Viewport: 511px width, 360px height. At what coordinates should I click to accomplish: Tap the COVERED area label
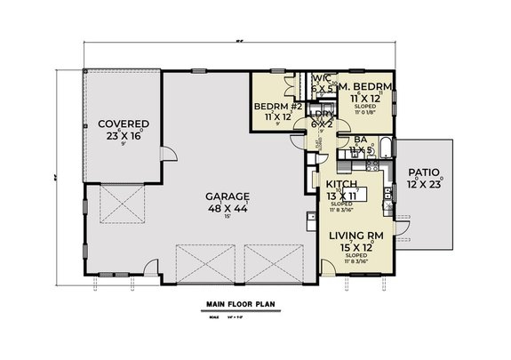(x=124, y=124)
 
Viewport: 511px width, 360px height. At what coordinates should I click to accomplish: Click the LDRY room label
(x=322, y=114)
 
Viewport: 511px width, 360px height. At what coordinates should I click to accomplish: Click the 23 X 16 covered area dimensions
(x=124, y=135)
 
